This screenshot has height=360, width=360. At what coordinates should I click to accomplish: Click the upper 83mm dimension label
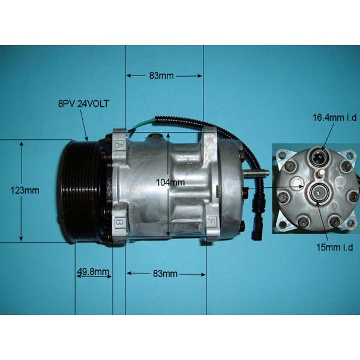point(161,76)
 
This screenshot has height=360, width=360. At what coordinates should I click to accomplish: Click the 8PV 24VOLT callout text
point(84,104)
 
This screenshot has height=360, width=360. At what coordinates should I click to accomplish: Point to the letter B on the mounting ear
point(119,224)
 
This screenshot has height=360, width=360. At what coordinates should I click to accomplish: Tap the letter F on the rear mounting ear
point(212,224)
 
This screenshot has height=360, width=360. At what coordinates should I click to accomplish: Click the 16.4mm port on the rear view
point(318,159)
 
